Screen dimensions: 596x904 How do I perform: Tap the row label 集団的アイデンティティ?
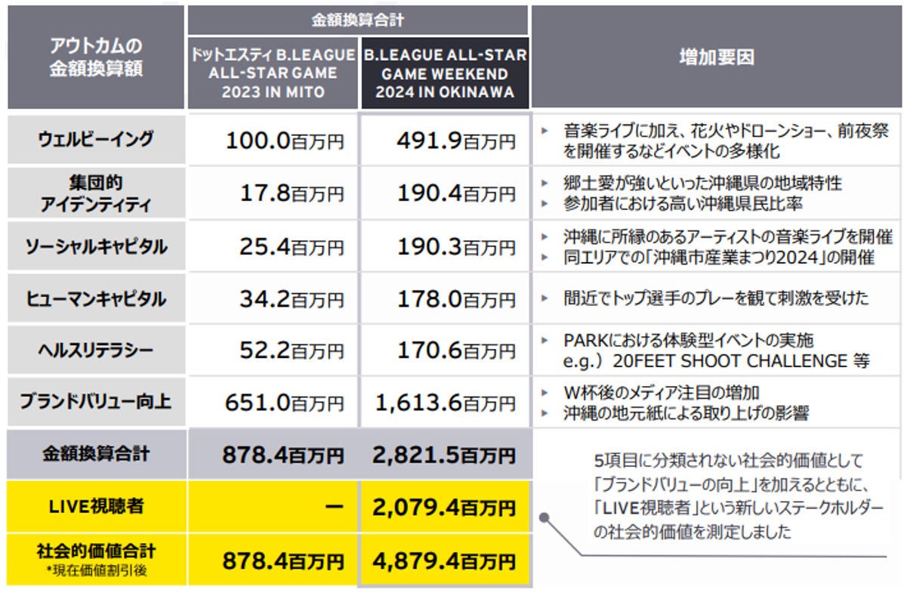coord(95,193)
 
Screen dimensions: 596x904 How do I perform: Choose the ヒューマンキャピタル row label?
coord(95,298)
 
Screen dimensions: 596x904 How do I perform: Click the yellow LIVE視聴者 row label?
coord(95,506)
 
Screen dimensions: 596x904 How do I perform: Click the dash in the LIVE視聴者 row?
coord(332,506)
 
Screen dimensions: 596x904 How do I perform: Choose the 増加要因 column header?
coord(717,57)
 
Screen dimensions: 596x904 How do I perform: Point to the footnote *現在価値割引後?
coord(95,570)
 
